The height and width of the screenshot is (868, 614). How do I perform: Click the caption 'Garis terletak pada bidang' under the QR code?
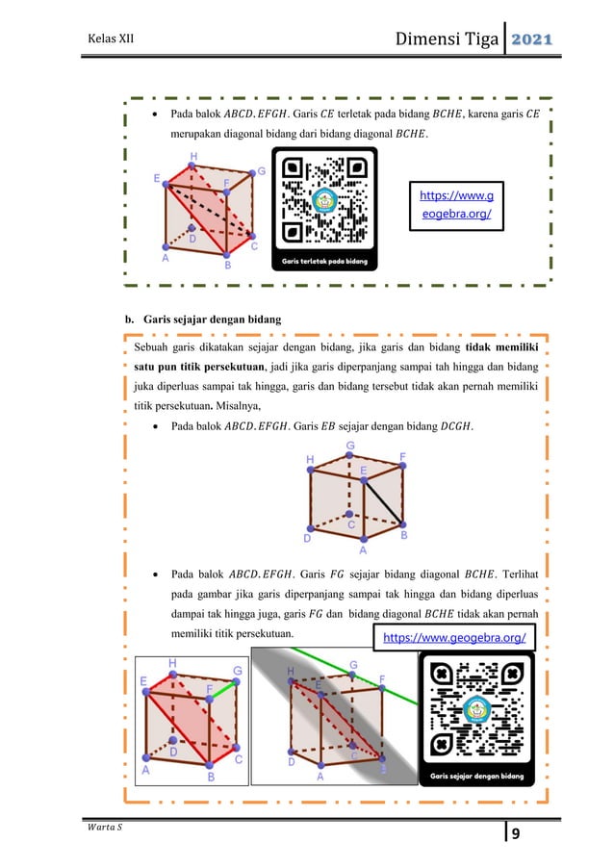pyautogui.click(x=322, y=260)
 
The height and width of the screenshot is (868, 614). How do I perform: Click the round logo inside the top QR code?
pyautogui.click(x=322, y=202)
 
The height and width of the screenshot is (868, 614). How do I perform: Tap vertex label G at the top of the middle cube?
pyautogui.click(x=349, y=447)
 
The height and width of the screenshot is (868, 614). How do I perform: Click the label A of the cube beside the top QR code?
pyautogui.click(x=166, y=258)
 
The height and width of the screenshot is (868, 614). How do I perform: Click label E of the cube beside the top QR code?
pyautogui.click(x=156, y=178)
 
